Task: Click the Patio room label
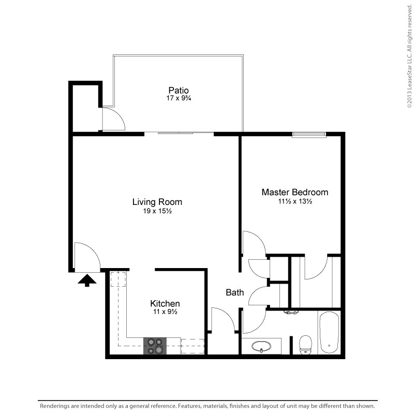(179, 90)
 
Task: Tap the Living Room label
(157, 202)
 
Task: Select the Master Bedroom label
(295, 192)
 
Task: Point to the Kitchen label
(165, 303)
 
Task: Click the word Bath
(235, 292)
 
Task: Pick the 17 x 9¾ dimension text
(179, 98)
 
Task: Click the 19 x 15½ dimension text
(157, 211)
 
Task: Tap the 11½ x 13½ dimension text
(295, 201)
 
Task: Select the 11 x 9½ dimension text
(165, 312)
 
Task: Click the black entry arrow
(87, 280)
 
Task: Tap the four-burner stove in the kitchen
(155, 346)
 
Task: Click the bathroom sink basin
(261, 346)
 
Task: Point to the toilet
(305, 345)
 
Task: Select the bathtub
(329, 333)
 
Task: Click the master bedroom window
(309, 135)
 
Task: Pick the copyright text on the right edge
(409, 56)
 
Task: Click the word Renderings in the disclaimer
(55, 406)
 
